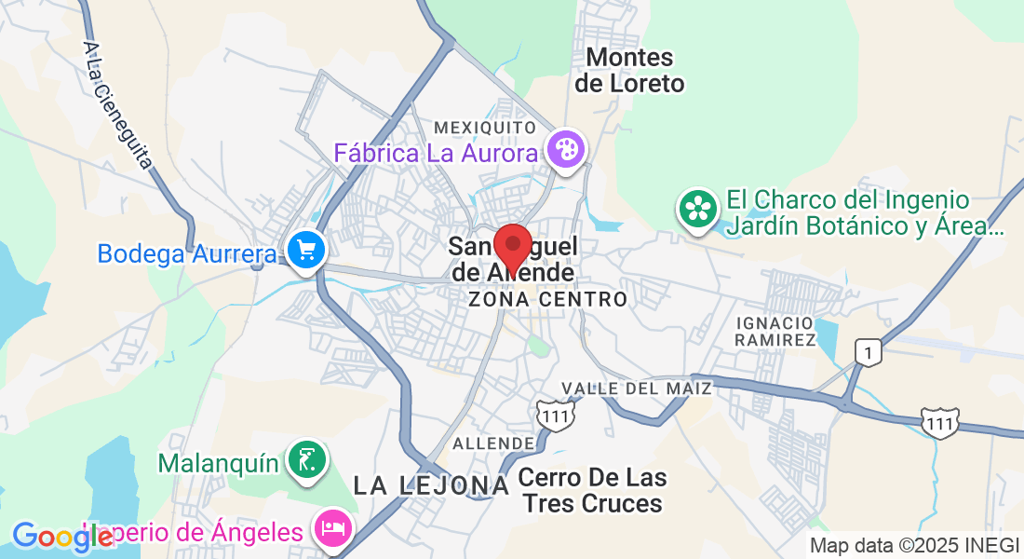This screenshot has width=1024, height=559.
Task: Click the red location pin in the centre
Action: tap(512, 246)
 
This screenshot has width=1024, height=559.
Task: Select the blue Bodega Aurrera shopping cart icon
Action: tap(305, 251)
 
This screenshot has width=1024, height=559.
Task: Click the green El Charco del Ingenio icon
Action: tap(697, 208)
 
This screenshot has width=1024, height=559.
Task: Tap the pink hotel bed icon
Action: tap(333, 528)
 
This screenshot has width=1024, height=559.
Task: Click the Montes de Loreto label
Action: tap(629, 71)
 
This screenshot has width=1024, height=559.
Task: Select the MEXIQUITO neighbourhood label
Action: tap(485, 127)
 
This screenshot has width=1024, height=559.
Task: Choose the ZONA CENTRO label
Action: tap(547, 299)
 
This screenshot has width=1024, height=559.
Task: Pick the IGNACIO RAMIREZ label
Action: tap(775, 330)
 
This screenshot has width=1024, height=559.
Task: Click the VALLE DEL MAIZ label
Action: tap(637, 388)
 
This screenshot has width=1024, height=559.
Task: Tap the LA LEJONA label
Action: tap(432, 484)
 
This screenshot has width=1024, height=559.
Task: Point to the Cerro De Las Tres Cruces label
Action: tap(592, 491)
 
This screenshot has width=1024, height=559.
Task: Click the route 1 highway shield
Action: tap(868, 352)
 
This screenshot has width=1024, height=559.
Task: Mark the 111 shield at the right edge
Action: tap(940, 422)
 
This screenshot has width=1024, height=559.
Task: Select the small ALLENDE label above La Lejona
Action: tap(493, 443)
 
